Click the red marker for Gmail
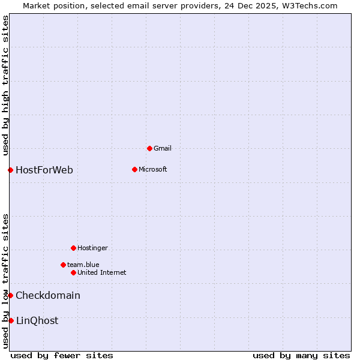coord(149,148)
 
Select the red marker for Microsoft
coord(134,169)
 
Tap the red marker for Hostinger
coord(73,248)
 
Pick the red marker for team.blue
coord(63,265)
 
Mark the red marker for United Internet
coord(73,272)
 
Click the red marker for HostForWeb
coord(10,170)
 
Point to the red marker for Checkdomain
coord(10,295)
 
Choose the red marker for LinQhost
coord(11,320)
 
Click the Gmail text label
coord(163,148)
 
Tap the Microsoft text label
coord(152,169)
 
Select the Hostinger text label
coord(92,248)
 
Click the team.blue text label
coord(83,265)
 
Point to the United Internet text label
coord(101,272)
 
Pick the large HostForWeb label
coord(44,170)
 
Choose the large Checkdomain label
coord(48,295)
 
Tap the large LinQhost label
coord(37,320)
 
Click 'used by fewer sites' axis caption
coord(62,355)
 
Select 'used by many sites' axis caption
coord(301,355)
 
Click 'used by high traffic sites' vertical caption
coord(5,85)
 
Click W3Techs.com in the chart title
coord(310,5)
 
